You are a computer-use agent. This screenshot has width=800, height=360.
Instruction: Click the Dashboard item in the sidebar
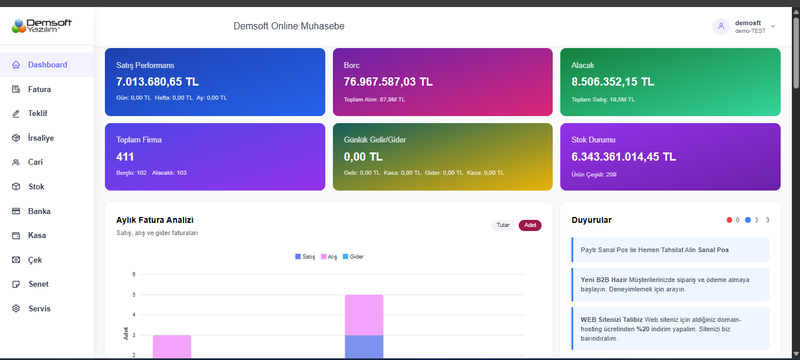tap(47, 65)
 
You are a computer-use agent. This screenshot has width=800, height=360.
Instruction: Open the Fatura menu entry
tap(39, 90)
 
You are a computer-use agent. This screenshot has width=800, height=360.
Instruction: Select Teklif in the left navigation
tap(38, 114)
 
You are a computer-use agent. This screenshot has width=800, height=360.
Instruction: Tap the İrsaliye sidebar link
tap(40, 138)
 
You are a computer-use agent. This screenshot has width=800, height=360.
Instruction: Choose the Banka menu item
tap(39, 211)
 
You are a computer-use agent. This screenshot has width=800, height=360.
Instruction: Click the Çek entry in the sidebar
tap(35, 260)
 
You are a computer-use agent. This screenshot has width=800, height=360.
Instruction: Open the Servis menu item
tap(39, 308)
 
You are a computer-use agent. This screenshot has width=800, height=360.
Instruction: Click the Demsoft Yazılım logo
tap(42, 26)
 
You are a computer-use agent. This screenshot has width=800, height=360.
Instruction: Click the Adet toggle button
tap(530, 225)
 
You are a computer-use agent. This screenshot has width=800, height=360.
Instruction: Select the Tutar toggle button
tap(503, 225)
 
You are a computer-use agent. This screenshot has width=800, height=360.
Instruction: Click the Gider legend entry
tap(353, 257)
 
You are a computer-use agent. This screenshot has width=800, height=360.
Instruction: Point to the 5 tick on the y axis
tap(134, 294)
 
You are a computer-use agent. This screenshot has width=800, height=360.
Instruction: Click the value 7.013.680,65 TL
tap(158, 81)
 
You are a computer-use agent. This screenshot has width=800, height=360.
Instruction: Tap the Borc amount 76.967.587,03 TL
tap(388, 81)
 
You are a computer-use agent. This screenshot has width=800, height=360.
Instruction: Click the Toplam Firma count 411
tap(125, 157)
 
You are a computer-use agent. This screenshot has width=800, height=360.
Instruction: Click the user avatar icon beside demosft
tap(721, 26)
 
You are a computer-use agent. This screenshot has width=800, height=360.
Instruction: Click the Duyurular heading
tap(591, 220)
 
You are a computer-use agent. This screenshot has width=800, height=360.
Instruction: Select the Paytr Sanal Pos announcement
tap(654, 250)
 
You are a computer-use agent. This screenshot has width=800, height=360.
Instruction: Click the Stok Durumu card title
tap(593, 140)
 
